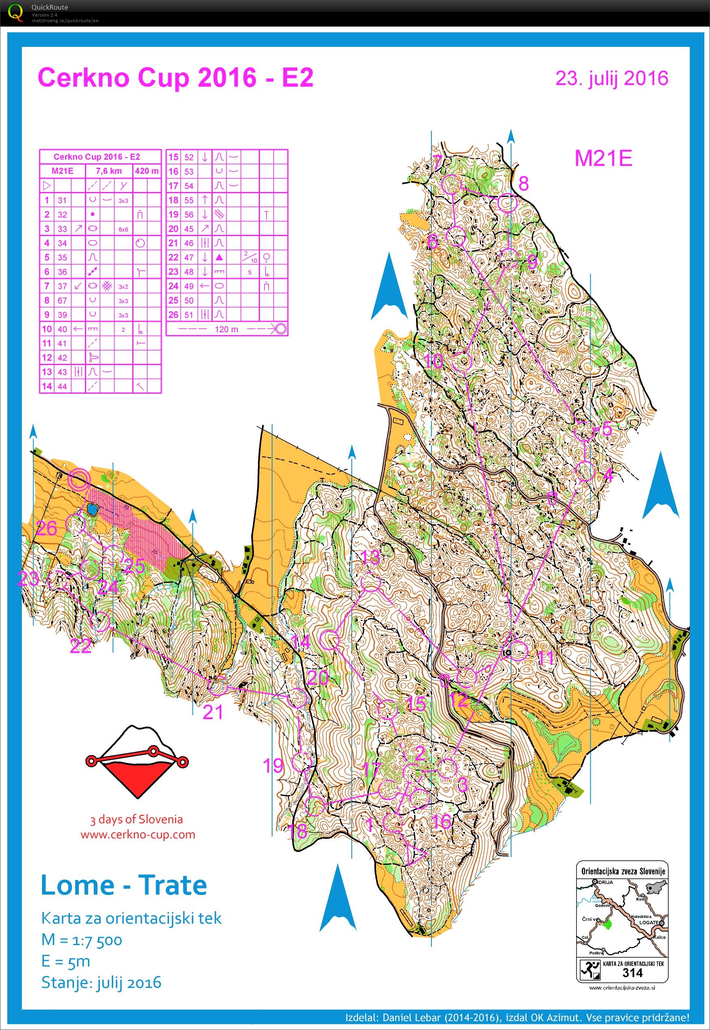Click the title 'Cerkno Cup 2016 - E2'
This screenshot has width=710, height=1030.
tap(176, 78)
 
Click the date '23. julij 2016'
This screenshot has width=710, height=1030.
tap(612, 78)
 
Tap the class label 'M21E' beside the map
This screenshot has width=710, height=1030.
tap(603, 158)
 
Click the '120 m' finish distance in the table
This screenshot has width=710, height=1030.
tap(226, 329)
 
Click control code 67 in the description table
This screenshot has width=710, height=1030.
tap(62, 301)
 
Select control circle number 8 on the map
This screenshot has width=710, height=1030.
tap(507, 203)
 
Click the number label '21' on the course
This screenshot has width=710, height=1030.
tap(212, 712)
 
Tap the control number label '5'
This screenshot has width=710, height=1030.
tap(606, 429)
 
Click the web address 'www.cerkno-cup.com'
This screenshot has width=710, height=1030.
tap(138, 834)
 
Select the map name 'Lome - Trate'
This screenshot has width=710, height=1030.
tap(124, 885)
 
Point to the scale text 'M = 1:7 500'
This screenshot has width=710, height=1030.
tap(81, 940)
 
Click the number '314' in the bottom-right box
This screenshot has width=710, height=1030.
tap(632, 973)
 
